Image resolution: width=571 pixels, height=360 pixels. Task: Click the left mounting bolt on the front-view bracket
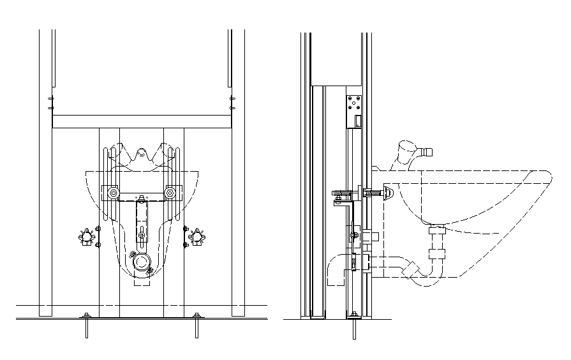[x=113, y=193]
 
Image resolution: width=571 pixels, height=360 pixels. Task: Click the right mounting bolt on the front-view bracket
[x=170, y=193]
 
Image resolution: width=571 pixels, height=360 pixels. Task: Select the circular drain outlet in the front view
[x=140, y=262]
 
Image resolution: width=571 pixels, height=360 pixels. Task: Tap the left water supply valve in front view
[x=87, y=237]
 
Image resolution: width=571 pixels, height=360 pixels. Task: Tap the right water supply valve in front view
[x=196, y=237]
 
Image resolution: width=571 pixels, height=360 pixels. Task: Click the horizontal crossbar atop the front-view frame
[x=141, y=121]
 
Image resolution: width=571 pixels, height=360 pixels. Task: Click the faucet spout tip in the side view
[x=427, y=152]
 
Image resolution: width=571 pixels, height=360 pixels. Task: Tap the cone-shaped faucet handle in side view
[x=402, y=151]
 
